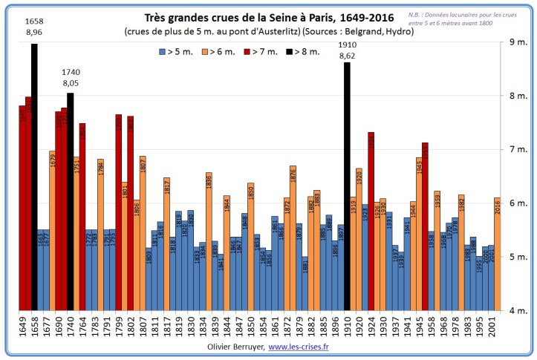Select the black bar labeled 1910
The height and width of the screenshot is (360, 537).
[x=347, y=186]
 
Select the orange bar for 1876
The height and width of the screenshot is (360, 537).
[x=293, y=238]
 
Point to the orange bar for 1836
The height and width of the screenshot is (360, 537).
[x=209, y=241]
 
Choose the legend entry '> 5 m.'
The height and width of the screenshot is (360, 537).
[x=175, y=51]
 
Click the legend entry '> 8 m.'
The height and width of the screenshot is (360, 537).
[x=304, y=51]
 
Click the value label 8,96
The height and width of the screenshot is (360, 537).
[x=34, y=33]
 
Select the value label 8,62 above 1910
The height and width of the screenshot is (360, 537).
[x=347, y=56]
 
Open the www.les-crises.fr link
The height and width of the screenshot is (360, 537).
[x=300, y=347]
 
